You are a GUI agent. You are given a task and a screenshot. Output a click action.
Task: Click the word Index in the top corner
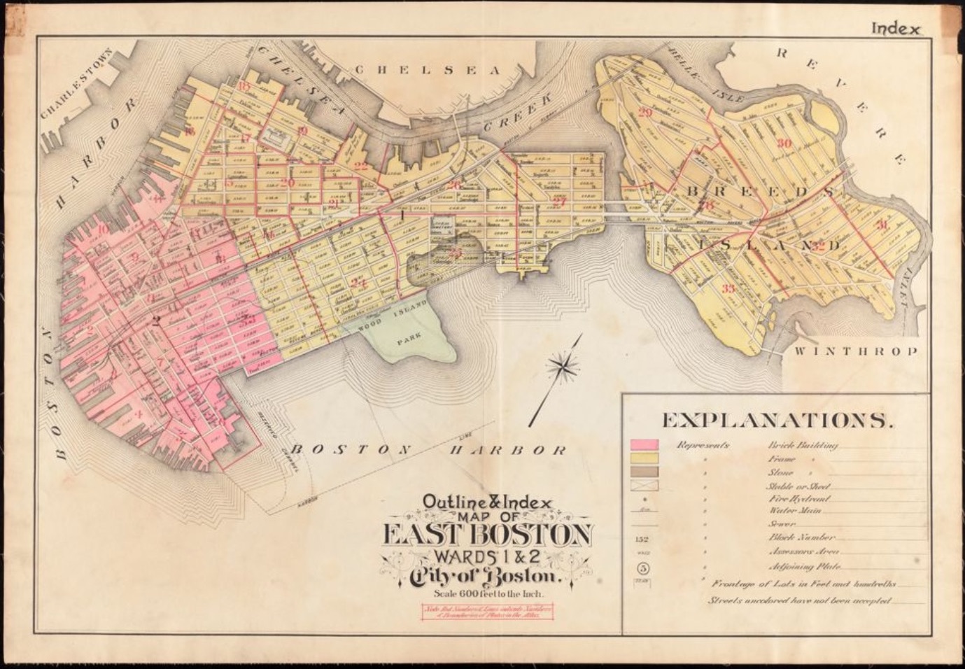(896, 29)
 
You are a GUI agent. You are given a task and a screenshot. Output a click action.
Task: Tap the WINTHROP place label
(855, 351)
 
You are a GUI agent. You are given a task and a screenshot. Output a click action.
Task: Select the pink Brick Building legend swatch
(644, 445)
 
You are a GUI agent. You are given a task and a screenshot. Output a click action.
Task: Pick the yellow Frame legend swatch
(644, 458)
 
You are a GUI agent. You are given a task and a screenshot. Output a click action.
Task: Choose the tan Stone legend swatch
(644, 472)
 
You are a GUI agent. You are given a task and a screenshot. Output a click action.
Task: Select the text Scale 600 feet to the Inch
(487, 594)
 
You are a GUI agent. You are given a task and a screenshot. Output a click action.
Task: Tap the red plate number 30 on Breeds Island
(784, 143)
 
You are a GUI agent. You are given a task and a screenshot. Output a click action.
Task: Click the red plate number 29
(645, 113)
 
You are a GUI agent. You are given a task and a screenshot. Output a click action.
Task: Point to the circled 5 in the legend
(643, 568)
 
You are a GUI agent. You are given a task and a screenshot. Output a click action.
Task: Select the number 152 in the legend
(643, 539)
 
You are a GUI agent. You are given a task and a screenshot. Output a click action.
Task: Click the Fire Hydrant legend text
(799, 499)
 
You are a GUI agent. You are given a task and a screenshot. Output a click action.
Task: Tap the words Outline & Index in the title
(487, 502)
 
